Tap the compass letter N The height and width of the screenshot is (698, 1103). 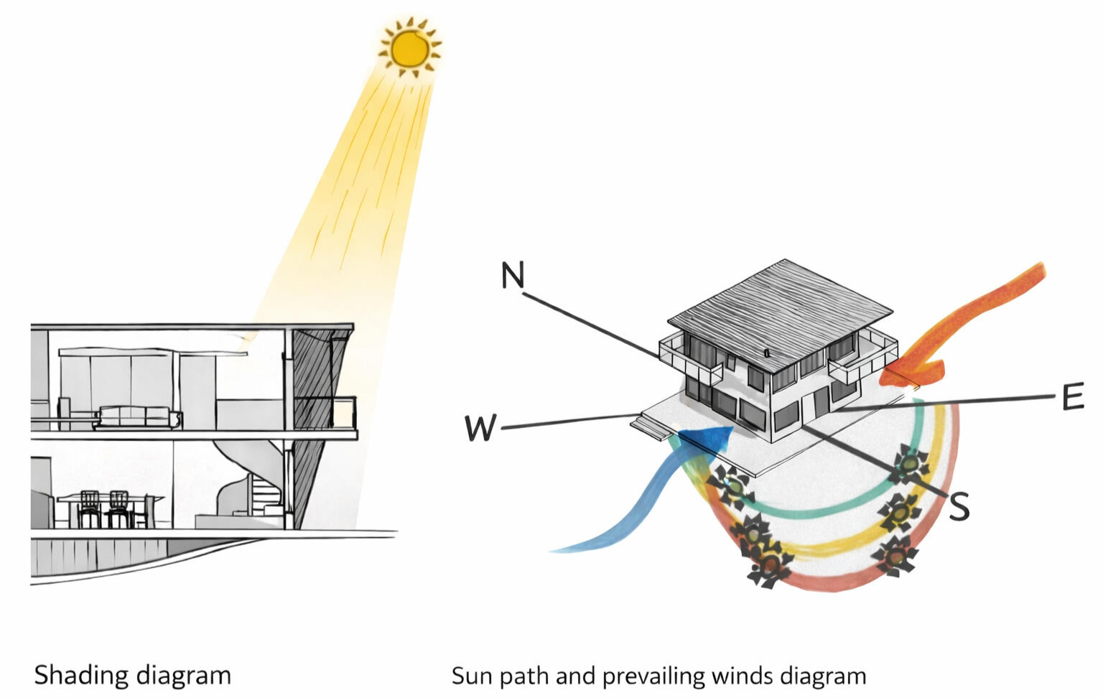(513, 275)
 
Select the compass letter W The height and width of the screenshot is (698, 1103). (480, 428)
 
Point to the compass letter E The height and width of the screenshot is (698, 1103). (1072, 397)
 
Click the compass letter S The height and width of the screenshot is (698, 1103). (959, 506)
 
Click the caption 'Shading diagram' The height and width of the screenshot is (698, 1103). (133, 675)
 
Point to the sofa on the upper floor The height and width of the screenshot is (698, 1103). (136, 417)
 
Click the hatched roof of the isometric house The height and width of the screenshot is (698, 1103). (779, 305)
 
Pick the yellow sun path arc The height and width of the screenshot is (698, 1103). (826, 549)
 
